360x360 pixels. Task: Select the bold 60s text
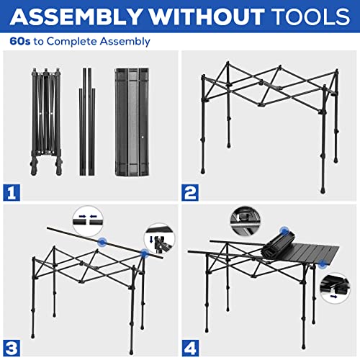click(20, 41)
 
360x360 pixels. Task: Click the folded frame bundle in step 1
click(43, 122)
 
